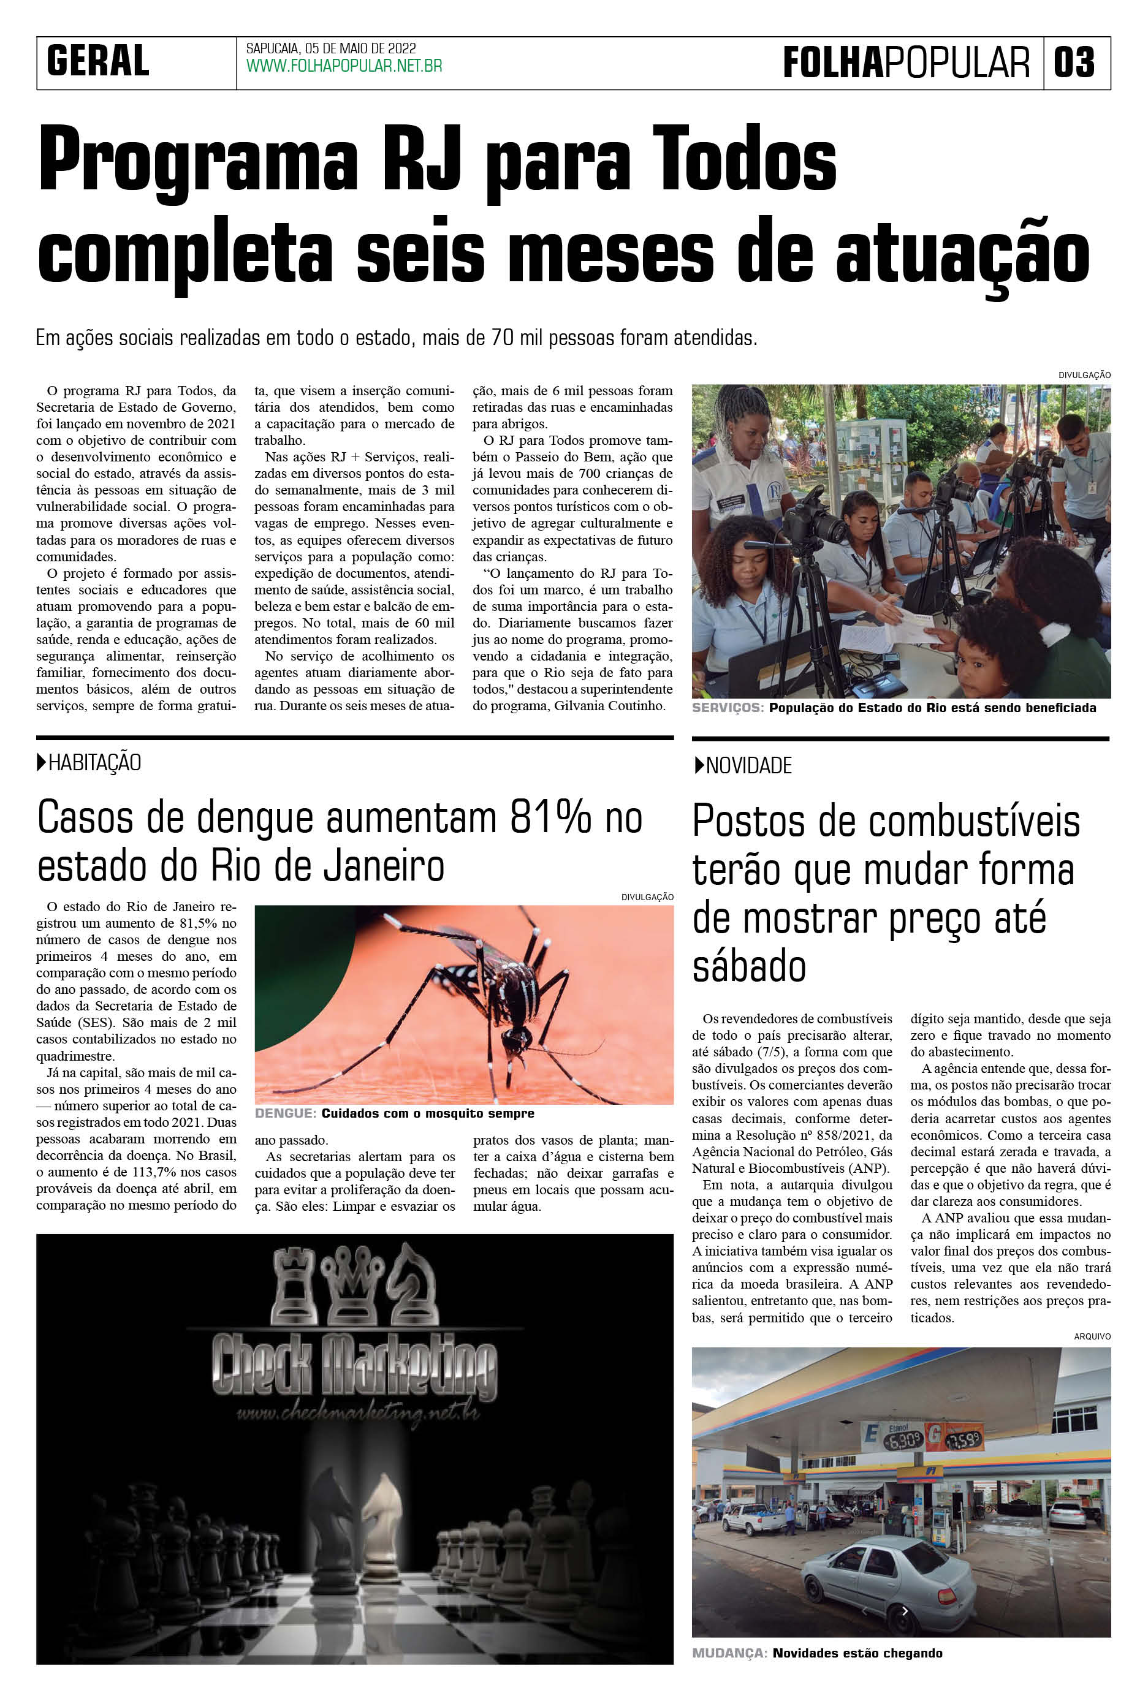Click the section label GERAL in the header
[x=98, y=61]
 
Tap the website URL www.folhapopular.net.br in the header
[x=344, y=67]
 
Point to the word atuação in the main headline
[x=963, y=255]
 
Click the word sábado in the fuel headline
[x=749, y=967]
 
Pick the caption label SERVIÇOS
[x=728, y=708]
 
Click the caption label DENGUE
[x=286, y=1113]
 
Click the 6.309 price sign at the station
[x=902, y=1441]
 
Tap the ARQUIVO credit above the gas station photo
[x=1092, y=1336]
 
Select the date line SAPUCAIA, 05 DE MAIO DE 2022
[x=331, y=48]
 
